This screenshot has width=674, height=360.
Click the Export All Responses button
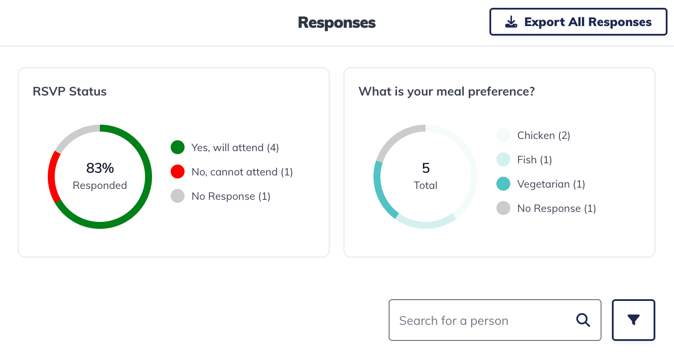pos(578,22)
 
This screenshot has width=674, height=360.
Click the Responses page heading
pos(337,23)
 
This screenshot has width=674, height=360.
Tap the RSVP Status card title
pos(69,92)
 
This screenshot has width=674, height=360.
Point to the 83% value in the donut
pos(100,168)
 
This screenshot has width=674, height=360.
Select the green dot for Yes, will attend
pos(178,148)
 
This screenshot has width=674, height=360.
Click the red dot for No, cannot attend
pos(178,172)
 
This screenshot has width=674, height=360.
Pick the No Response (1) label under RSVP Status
pos(231,196)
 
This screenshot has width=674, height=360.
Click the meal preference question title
pos(446,92)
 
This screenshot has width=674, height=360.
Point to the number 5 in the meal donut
pos(426,168)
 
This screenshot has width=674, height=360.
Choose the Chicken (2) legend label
pos(543,135)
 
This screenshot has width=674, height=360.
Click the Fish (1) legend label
pos(534,160)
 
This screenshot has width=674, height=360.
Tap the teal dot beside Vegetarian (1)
pos(503,184)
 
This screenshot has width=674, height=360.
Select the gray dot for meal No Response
pos(503,208)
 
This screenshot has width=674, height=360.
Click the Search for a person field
pos(482,320)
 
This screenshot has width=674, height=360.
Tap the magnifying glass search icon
pos(583,320)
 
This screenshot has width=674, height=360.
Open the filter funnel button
pos(633,320)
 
